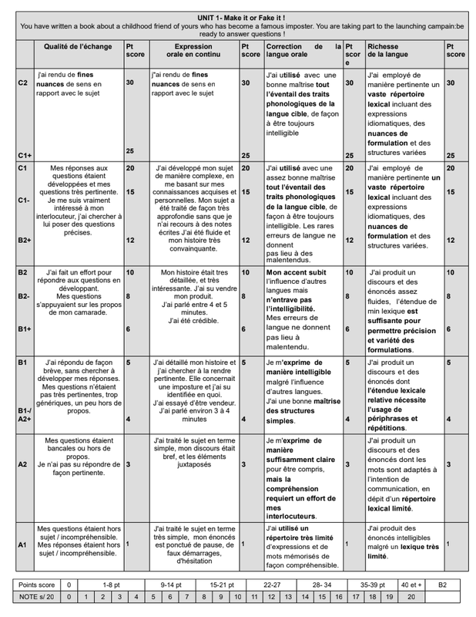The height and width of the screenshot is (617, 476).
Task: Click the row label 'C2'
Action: tap(24, 82)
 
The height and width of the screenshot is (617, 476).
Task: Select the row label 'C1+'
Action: tap(25, 154)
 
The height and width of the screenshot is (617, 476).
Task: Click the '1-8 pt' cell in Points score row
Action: tap(112, 585)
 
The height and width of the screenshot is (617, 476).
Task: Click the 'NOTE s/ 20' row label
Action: tap(37, 597)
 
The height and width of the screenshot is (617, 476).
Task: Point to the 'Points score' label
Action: tap(37, 585)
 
